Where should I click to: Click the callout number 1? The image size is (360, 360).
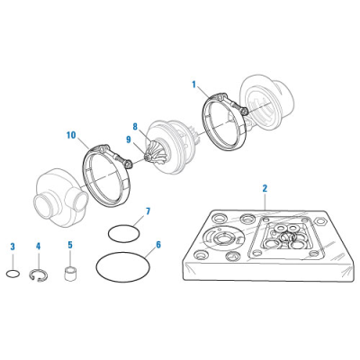click(x=193, y=85)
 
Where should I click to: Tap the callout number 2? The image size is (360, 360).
click(x=265, y=188)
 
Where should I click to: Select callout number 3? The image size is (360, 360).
click(x=13, y=247)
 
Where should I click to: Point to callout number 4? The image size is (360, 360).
click(x=38, y=247)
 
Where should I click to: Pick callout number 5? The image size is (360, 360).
click(x=70, y=245)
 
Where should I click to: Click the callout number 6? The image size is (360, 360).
click(x=158, y=245)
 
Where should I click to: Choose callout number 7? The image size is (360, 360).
click(x=148, y=211)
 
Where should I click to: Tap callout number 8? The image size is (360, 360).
click(x=135, y=127)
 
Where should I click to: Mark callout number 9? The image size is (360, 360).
click(x=129, y=139)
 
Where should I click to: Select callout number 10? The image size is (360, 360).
click(x=71, y=135)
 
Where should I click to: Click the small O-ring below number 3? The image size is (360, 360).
click(x=13, y=274)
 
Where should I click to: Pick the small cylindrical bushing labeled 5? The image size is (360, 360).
click(x=70, y=273)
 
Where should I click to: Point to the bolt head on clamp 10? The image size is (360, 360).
click(x=129, y=164)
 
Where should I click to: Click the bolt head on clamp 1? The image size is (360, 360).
click(x=245, y=112)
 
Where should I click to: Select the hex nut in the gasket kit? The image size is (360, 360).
click(x=321, y=222)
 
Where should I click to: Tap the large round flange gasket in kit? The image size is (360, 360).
click(x=222, y=238)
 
